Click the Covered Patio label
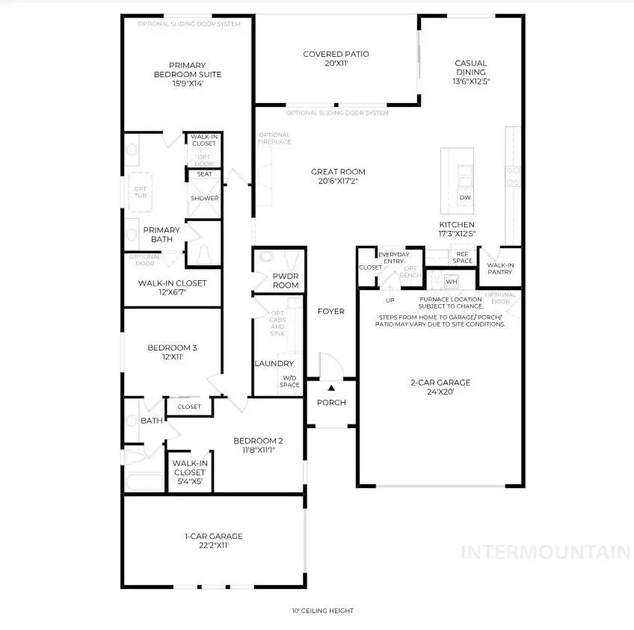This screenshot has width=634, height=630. [x=336, y=54]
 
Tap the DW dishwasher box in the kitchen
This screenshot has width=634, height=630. [x=464, y=198]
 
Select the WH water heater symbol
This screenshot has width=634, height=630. [x=451, y=281]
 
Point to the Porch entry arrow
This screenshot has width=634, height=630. [x=331, y=389]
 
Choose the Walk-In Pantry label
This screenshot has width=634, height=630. [x=499, y=268]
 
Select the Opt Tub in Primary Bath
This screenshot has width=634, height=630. [x=141, y=193]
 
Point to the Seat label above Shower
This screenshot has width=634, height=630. [x=204, y=174]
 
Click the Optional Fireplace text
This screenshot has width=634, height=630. [x=274, y=138]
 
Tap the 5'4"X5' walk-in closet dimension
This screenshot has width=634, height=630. [x=189, y=481]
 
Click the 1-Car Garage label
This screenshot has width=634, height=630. [x=213, y=536]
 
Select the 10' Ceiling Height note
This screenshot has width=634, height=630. [x=322, y=611]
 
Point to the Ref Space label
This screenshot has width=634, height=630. [x=463, y=257]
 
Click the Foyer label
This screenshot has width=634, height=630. [x=330, y=311]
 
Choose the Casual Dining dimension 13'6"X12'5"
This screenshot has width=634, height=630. [x=471, y=81]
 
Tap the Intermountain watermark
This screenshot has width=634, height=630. [x=546, y=552]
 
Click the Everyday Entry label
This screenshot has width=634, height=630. [x=393, y=258]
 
